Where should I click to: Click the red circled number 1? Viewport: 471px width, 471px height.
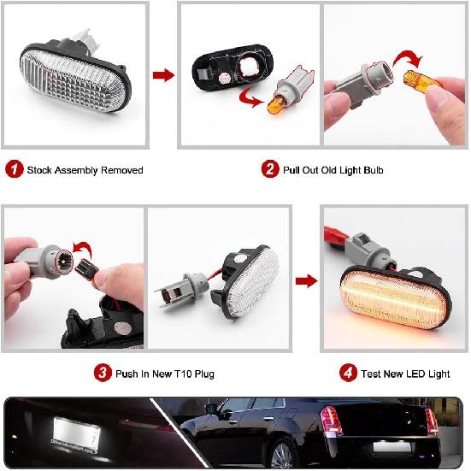click(14, 170)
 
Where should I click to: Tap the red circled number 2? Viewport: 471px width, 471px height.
click(269, 170)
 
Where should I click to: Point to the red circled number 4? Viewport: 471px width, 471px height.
click(349, 373)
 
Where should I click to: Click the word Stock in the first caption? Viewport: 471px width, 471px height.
click(40, 170)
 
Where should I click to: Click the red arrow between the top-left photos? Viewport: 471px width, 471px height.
click(162, 75)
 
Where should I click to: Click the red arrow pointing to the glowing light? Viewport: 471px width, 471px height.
click(305, 280)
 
